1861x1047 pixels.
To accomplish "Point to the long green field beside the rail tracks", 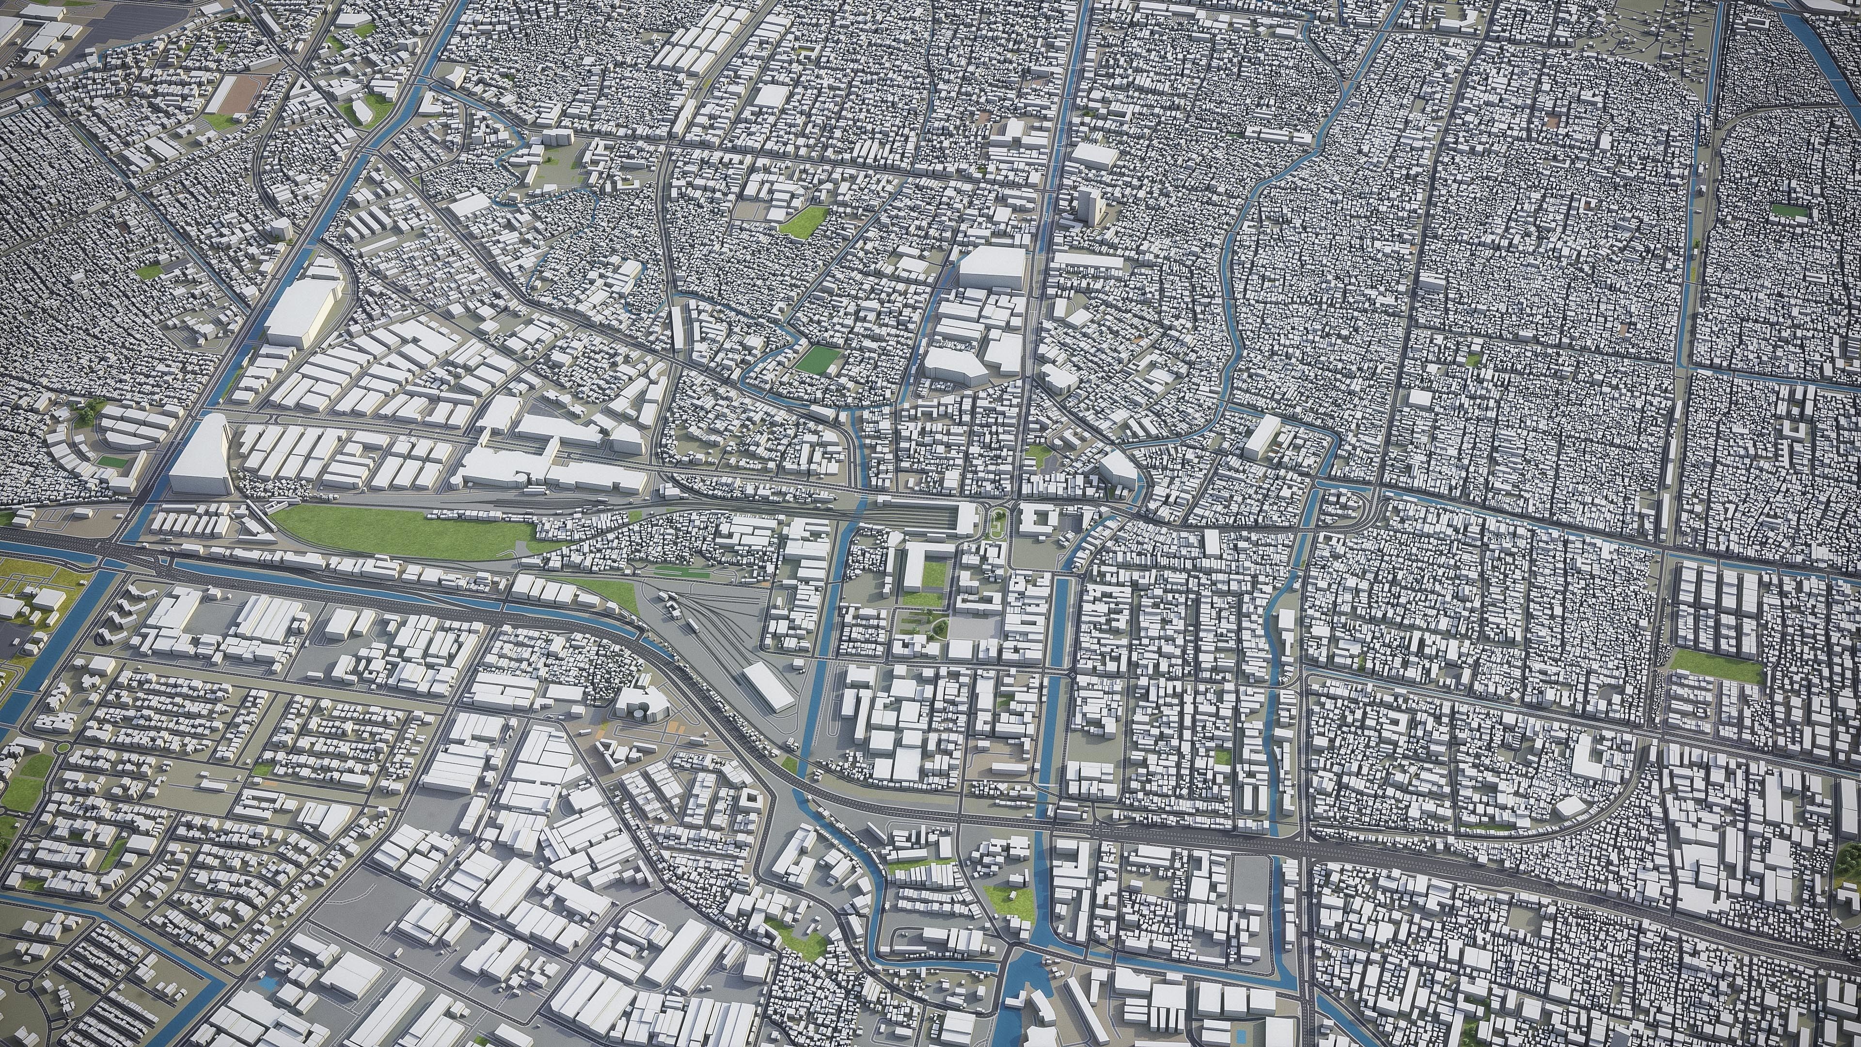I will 405,533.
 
